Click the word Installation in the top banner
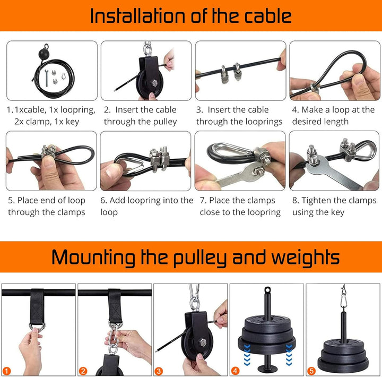(137, 16)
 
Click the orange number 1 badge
(7, 371)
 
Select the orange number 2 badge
(83, 371)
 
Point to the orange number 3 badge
(159, 371)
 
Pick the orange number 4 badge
(235, 371)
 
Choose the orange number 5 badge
(311, 371)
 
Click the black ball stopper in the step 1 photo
(44, 53)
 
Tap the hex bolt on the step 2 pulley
(154, 83)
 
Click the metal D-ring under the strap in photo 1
(37, 327)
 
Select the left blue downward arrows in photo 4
(247, 355)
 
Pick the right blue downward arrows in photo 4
(289, 355)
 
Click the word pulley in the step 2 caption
(165, 122)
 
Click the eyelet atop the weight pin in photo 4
(267, 290)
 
